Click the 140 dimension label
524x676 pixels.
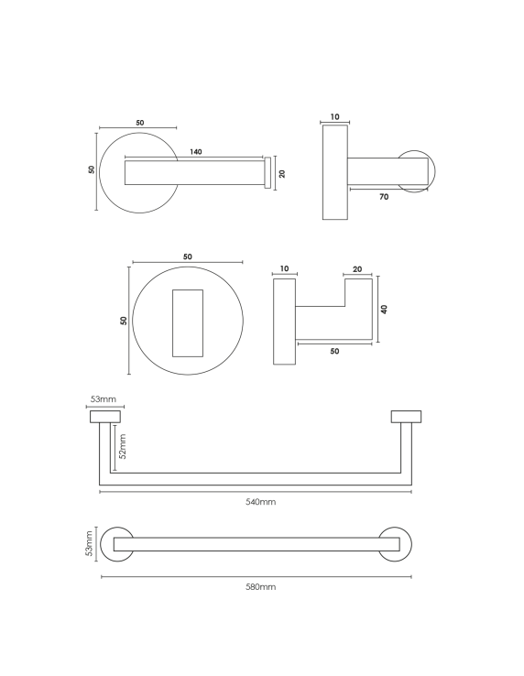click(x=195, y=152)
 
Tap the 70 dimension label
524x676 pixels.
click(x=383, y=195)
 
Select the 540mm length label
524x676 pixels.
click(x=261, y=501)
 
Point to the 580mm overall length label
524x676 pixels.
click(x=261, y=586)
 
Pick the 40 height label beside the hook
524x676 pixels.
click(x=385, y=309)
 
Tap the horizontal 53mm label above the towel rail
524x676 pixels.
click(x=102, y=400)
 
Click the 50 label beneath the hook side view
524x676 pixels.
click(x=334, y=351)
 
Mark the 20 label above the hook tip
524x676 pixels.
click(x=357, y=269)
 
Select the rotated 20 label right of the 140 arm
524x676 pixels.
click(x=282, y=173)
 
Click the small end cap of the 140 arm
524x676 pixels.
click(x=267, y=173)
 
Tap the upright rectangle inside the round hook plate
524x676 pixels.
click(x=187, y=322)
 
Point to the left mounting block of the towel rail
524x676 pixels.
click(x=104, y=417)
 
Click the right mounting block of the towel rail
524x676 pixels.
click(x=406, y=417)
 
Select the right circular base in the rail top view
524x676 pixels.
click(x=398, y=543)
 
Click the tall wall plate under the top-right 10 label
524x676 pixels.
click(x=334, y=172)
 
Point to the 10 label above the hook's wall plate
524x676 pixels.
click(x=284, y=269)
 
